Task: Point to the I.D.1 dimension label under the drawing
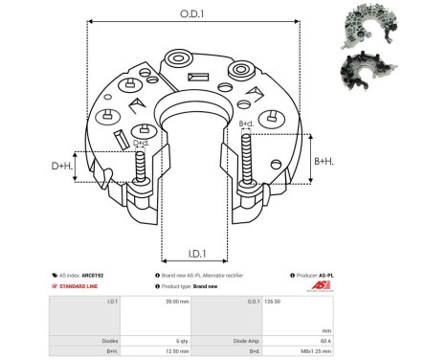196,254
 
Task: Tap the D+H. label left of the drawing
62,168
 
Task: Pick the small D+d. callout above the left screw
141,144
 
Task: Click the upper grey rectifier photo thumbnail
369,26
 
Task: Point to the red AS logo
320,285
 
